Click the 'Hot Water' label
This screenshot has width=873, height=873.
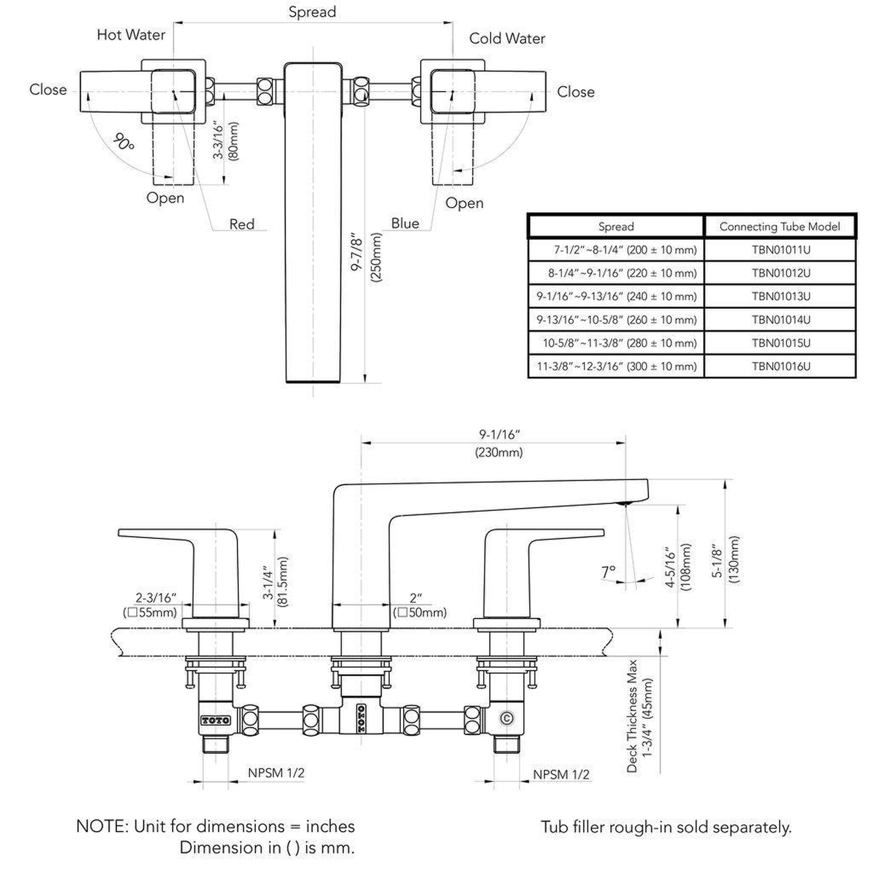pyautogui.click(x=131, y=35)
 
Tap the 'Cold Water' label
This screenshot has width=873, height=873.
pyautogui.click(x=507, y=39)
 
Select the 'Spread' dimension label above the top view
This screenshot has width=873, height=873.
pyautogui.click(x=312, y=12)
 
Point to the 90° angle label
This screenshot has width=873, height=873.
pyautogui.click(x=123, y=142)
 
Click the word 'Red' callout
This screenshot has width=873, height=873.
pyautogui.click(x=242, y=224)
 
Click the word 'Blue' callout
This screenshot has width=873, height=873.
pyautogui.click(x=405, y=223)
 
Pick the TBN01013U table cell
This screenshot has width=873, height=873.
pyautogui.click(x=781, y=297)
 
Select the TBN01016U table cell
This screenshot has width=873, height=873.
pyautogui.click(x=781, y=366)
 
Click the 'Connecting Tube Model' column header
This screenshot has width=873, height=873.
pyautogui.click(x=780, y=227)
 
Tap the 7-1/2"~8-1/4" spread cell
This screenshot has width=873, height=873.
pyautogui.click(x=625, y=250)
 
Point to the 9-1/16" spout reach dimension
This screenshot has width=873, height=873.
pyautogui.click(x=499, y=435)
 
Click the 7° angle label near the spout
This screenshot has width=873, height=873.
pyautogui.click(x=609, y=572)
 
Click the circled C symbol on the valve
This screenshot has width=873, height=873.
pyautogui.click(x=506, y=718)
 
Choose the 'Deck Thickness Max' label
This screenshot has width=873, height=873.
pyautogui.click(x=632, y=716)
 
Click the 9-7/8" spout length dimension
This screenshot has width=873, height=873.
pyautogui.click(x=358, y=252)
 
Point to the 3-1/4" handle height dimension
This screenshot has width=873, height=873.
pyautogui.click(x=268, y=585)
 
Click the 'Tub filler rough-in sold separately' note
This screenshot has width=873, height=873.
pyautogui.click(x=666, y=827)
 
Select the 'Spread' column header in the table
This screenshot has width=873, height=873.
pyautogui.click(x=616, y=227)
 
